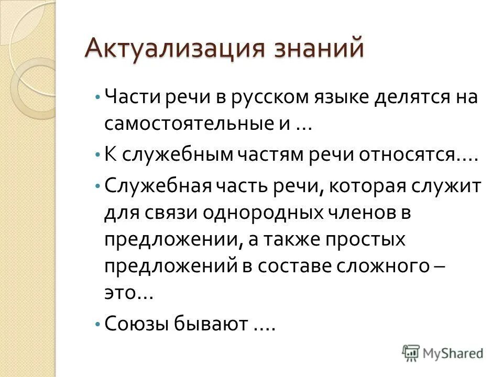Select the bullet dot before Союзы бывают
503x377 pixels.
98,324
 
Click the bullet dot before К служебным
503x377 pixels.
98,156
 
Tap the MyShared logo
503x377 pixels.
443,352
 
